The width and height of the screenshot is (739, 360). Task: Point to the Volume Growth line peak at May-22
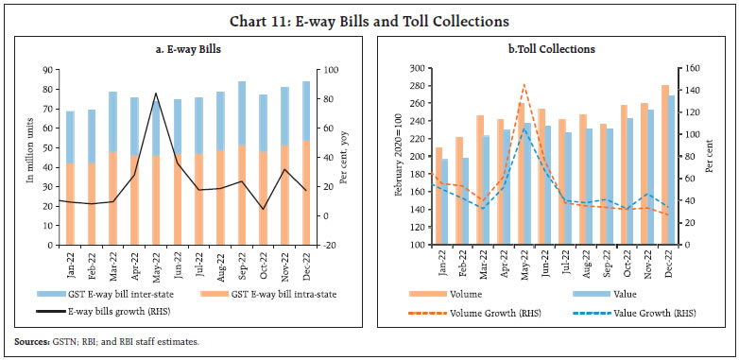point(524,84)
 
